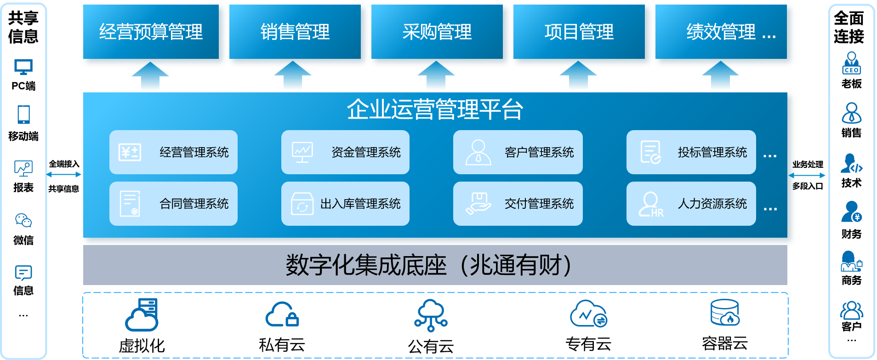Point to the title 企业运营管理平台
(x=435, y=109)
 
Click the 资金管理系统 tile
(x=345, y=152)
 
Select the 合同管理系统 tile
(x=173, y=204)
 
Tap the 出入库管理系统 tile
(x=345, y=204)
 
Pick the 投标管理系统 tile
(x=691, y=152)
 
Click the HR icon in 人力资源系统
(x=651, y=205)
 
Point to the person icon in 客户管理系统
(x=478, y=152)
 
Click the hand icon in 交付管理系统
(x=478, y=204)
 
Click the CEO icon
(x=851, y=63)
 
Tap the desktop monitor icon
(x=23, y=67)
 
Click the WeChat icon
(x=23, y=221)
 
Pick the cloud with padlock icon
(x=282, y=314)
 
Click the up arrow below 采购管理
(x=436, y=76)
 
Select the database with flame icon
(x=725, y=313)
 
